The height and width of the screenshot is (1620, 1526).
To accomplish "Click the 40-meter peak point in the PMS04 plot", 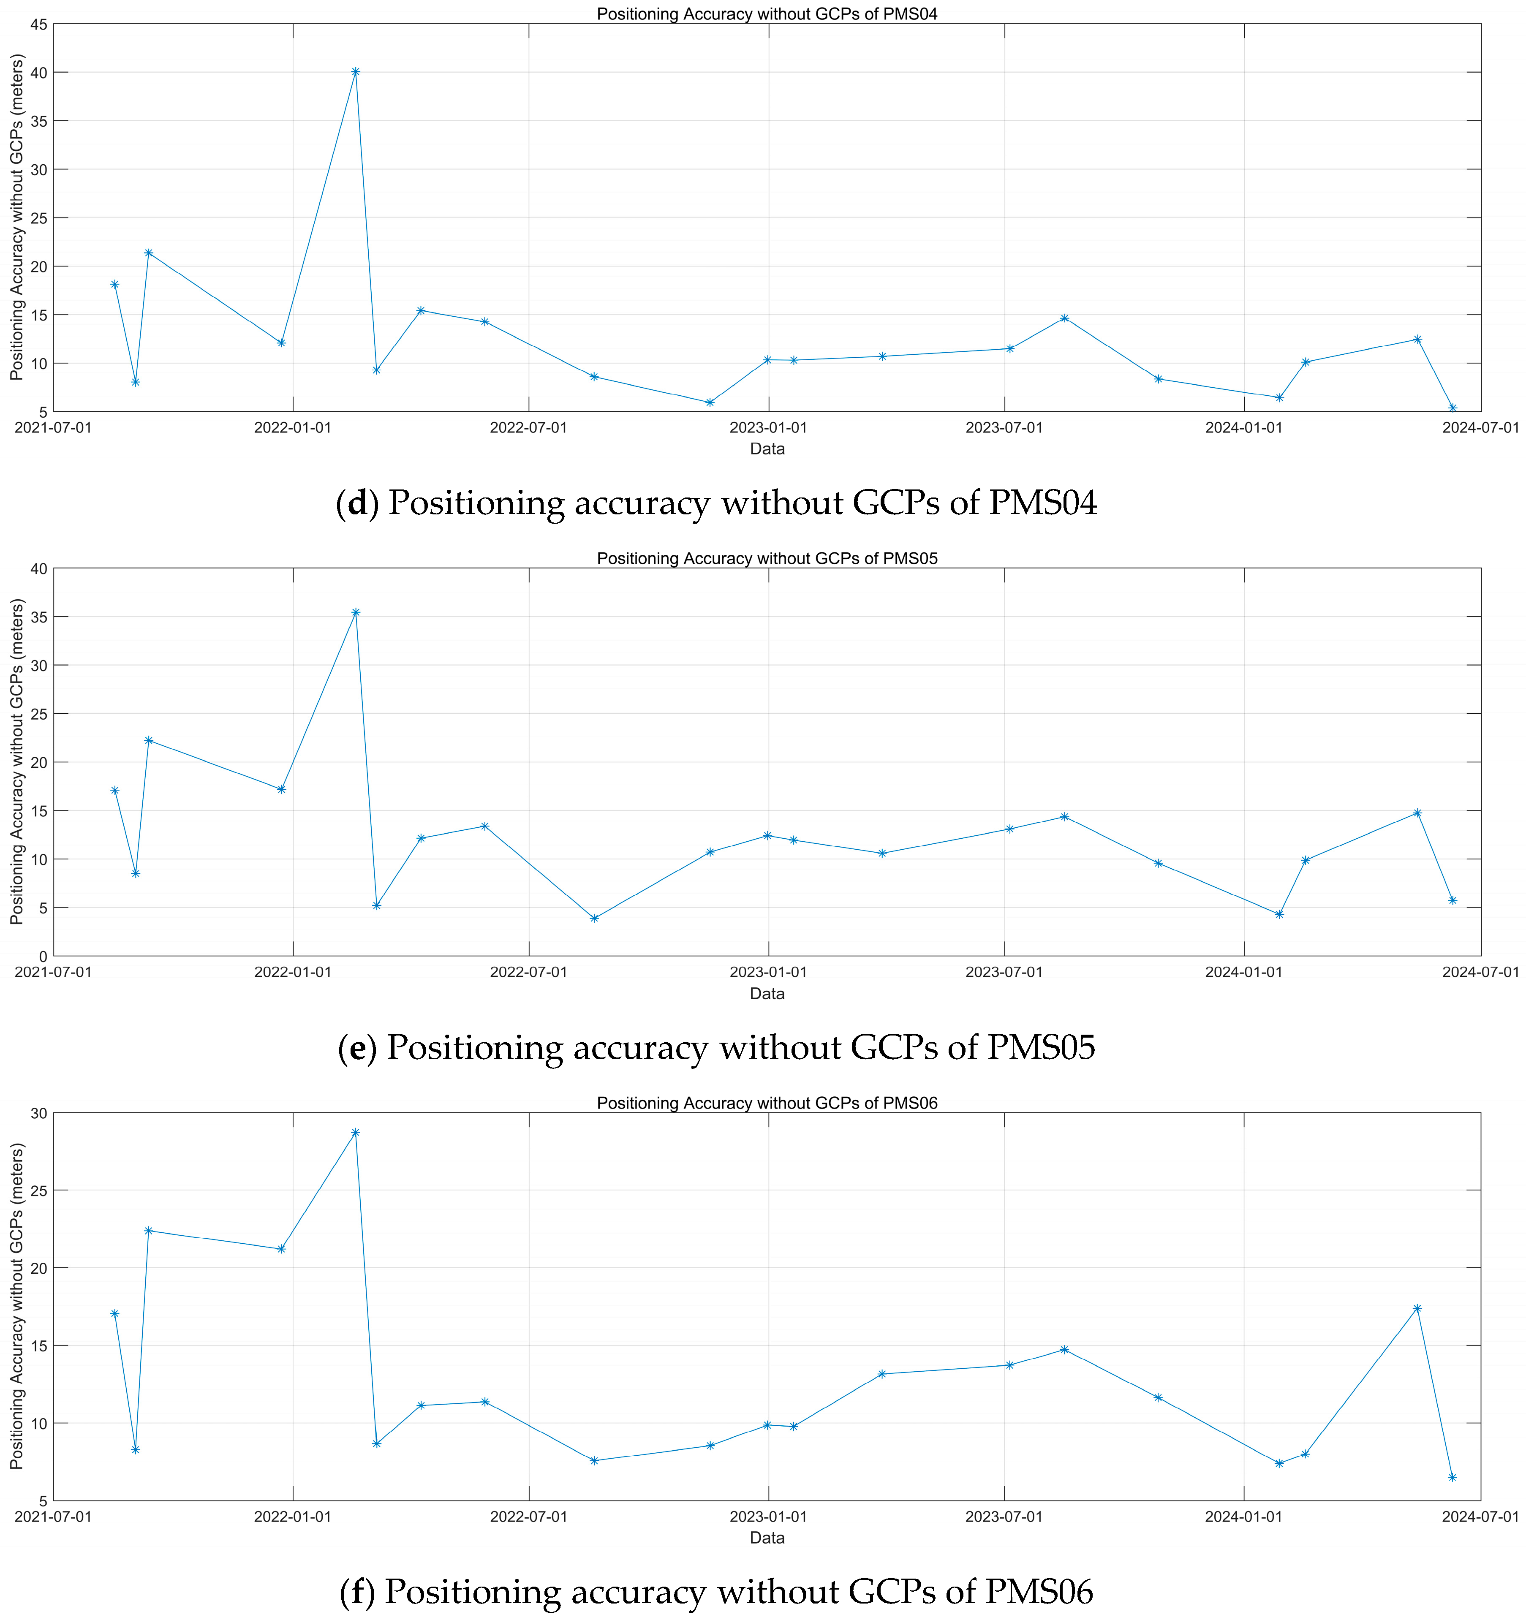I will pyautogui.click(x=355, y=72).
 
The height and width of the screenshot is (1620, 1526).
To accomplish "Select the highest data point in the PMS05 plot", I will pyautogui.click(x=355, y=612).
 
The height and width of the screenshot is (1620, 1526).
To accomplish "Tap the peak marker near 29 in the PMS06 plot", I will pyautogui.click(x=355, y=1132).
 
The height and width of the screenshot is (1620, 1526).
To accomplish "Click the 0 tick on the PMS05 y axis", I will pyautogui.click(x=42, y=956).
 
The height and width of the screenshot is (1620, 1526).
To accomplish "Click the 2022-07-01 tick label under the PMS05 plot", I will pyautogui.click(x=528, y=972).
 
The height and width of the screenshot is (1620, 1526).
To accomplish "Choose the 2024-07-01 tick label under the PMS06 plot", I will pyautogui.click(x=1480, y=1517).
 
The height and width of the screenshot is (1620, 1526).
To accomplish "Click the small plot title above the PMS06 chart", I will pyautogui.click(x=767, y=1104).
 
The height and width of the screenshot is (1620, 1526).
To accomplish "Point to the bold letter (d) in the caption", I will pyautogui.click(x=357, y=503).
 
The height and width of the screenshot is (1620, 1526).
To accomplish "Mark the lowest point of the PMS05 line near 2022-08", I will pyautogui.click(x=594, y=919).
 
